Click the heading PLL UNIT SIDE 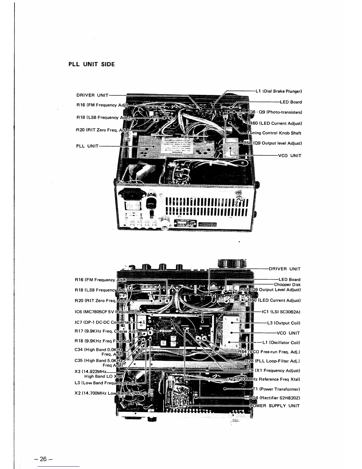pos(91,64)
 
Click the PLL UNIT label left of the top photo pos(87,146)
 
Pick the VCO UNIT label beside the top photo pos(290,155)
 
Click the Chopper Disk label pos(287,285)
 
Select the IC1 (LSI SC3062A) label pos(281,312)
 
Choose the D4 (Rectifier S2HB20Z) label pos(277,398)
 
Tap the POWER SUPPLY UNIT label pos(275,406)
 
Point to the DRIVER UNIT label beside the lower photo pos(285,269)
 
